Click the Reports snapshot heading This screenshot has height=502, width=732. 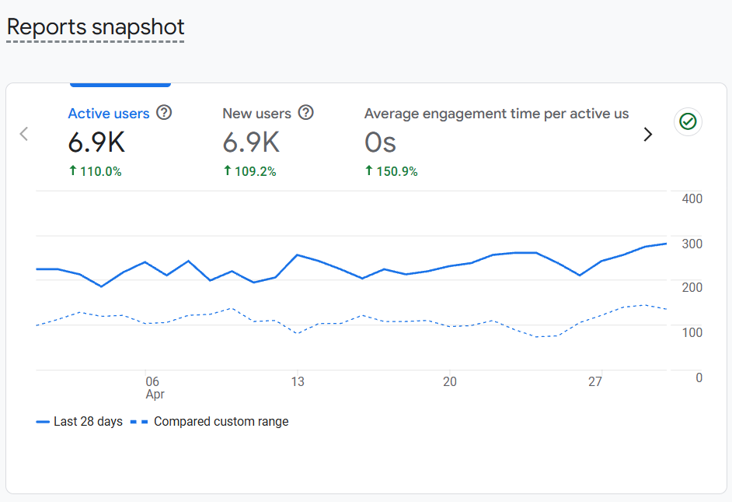click(96, 26)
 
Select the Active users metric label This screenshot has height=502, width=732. click(109, 114)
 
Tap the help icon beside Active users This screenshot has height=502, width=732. click(164, 113)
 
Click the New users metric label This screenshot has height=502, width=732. click(256, 114)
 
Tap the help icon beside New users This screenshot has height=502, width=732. click(306, 113)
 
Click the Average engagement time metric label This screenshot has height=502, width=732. click(496, 114)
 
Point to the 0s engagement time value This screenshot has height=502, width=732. click(381, 142)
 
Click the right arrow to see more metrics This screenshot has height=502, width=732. click(647, 134)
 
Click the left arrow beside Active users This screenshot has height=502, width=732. click(23, 134)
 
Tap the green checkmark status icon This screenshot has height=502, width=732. click(688, 121)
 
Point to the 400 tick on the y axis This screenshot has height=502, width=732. click(692, 198)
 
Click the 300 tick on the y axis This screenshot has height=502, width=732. click(692, 244)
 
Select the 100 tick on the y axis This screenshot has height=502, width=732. click(692, 332)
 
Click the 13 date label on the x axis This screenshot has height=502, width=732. click(298, 381)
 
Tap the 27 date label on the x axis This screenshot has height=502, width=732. click(595, 381)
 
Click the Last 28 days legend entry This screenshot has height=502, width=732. click(80, 421)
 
